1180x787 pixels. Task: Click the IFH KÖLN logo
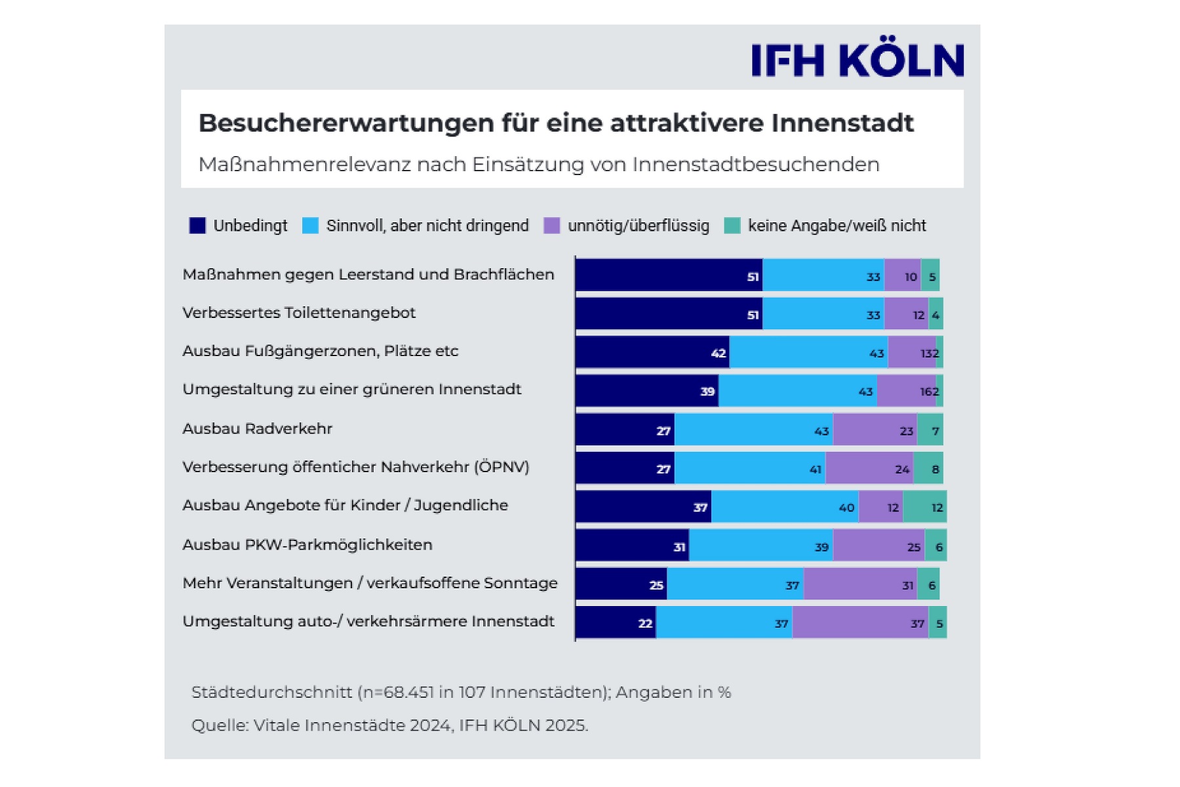pos(857,60)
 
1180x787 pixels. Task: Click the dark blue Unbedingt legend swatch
pos(197,226)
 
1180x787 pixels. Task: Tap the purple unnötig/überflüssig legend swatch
pos(552,226)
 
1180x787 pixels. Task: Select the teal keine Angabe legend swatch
pos(732,226)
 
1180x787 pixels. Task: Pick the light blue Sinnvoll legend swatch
pos(310,226)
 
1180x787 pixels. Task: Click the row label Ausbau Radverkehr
pos(257,429)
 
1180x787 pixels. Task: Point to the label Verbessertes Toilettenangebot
pos(299,313)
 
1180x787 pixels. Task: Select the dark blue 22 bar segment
pos(616,622)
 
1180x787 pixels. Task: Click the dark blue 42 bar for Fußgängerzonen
pos(652,352)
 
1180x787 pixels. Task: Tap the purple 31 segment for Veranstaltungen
pos(860,584)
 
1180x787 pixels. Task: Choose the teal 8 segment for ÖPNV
pos(928,468)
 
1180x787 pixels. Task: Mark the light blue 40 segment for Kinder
pos(785,507)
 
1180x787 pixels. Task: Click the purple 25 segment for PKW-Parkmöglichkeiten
pos(878,546)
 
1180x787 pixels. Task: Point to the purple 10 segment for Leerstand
pos(902,275)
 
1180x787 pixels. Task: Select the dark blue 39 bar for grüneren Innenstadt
pos(647,391)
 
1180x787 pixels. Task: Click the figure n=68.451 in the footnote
pos(397,693)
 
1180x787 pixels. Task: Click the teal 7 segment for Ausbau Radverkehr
pos(930,430)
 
